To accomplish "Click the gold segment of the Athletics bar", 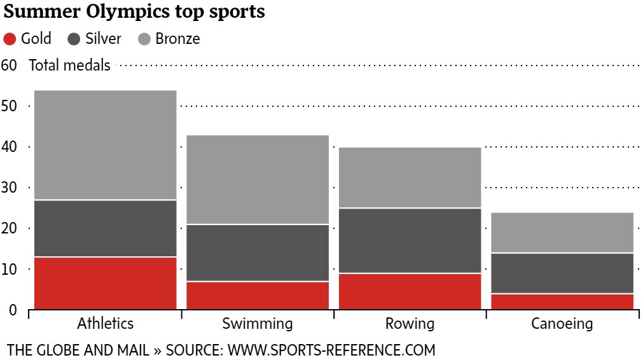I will coord(105,283).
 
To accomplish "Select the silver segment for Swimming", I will coord(258,253).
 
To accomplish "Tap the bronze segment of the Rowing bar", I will coord(409,177).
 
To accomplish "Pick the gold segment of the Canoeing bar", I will coord(562,301).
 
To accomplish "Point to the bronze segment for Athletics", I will coord(105,145).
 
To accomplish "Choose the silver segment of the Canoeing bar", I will coord(562,273).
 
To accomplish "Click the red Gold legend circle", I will coord(10,39).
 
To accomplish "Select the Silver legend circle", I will coord(74,39).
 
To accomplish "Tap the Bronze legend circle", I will coord(144,39).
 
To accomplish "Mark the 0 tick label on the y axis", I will coord(12,310).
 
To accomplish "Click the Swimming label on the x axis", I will coord(258,324).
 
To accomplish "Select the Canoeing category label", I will coord(562,324).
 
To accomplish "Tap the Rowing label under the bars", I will coord(410,324).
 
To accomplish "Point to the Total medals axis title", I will coord(69,65).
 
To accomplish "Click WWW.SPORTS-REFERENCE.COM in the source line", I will coord(331,350).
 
